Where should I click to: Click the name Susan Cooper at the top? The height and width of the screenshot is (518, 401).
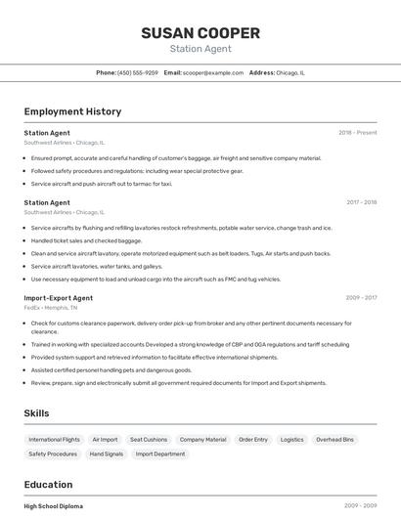(200, 33)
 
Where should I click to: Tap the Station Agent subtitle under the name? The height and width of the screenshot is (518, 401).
(200, 48)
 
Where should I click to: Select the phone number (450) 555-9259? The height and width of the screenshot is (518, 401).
(137, 72)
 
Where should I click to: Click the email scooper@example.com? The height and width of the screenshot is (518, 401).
(212, 72)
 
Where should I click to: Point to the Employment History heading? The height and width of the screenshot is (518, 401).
(72, 111)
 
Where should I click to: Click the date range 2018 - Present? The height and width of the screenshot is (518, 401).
(358, 132)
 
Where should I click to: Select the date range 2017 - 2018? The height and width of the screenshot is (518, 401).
(361, 202)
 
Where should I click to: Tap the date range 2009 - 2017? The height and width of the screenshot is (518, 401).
(361, 297)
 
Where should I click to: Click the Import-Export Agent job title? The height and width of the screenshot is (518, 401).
(59, 297)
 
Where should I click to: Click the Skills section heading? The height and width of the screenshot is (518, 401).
(37, 413)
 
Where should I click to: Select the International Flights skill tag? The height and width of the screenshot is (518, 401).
(54, 440)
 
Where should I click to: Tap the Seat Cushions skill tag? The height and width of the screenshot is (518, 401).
(149, 440)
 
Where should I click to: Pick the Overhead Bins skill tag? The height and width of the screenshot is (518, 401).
(334, 440)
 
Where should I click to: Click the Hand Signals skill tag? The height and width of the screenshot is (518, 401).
(107, 453)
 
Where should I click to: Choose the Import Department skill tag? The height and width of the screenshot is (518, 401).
(160, 453)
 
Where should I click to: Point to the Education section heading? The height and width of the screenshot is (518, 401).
(48, 484)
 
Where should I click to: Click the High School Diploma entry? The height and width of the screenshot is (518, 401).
(54, 506)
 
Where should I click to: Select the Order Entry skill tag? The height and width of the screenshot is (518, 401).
(253, 440)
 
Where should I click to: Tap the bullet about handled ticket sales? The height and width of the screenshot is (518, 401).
(86, 240)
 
